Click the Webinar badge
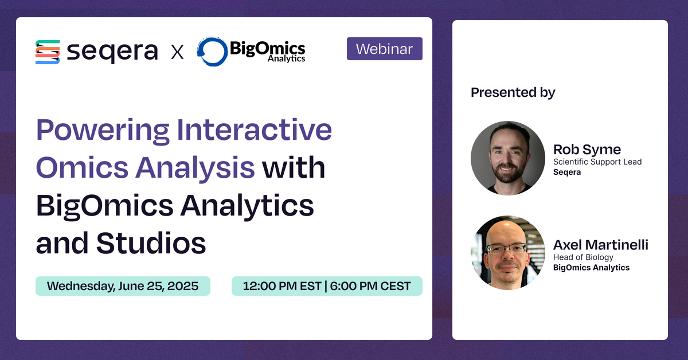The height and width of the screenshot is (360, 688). click(384, 49)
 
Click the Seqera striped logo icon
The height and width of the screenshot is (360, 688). click(48, 52)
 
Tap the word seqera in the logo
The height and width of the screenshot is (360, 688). click(112, 52)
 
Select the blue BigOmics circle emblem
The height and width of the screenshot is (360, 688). click(212, 52)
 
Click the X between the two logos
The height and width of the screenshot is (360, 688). click(178, 53)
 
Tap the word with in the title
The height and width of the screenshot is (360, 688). click(294, 168)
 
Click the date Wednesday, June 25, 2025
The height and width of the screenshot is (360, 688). click(123, 286)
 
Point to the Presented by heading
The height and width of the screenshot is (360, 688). click(513, 92)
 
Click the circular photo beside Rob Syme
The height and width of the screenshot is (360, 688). click(507, 158)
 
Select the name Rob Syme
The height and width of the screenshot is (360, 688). click(587, 150)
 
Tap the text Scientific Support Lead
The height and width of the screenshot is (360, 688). click(597, 162)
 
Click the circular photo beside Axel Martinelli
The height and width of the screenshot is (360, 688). click(507, 252)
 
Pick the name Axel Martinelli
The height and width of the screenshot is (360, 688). click(600, 245)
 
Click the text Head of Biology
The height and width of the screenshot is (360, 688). click(583, 257)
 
